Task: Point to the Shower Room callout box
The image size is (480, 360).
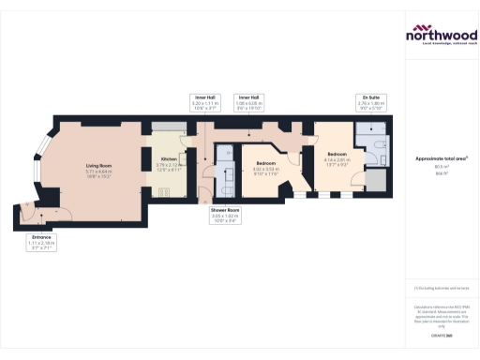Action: [x=226, y=217]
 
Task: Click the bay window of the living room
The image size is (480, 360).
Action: [x=40, y=167]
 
